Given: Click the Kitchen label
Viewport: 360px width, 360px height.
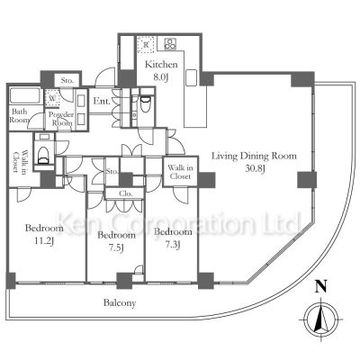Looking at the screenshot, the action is pos(161,65).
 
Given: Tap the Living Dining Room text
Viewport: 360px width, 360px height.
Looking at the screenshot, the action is pos(254,157).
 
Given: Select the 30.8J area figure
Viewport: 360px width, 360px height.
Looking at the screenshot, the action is pos(255,169).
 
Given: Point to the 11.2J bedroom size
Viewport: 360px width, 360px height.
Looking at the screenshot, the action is pos(44,241).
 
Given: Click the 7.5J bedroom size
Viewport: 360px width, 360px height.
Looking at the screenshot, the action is pos(115,247).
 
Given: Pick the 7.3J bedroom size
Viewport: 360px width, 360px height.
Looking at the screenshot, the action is pos(173,245).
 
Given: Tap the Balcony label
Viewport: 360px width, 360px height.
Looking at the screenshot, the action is pos(120,303).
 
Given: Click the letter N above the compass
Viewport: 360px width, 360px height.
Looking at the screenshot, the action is pos(320,286).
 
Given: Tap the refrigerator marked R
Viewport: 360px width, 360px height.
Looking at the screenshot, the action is pos(146,44).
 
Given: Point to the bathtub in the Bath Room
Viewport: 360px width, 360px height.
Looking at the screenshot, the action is pos(25,95).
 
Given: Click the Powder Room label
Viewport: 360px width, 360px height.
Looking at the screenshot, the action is pos(61,119).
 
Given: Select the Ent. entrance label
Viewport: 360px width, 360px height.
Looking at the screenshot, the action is pos(102,102).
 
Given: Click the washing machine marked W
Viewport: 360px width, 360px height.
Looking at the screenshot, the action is pos(52,98).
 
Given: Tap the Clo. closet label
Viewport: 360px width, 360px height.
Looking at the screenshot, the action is pos(125,193).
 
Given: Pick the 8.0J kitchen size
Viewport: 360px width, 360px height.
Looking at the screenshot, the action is pos(161,77).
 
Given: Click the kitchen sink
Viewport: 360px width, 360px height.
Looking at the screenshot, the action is pos(191,77).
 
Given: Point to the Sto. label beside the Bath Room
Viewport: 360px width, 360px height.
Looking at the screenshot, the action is pos(67,80).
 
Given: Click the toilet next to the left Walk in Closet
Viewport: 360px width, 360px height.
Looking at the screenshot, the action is pos(44,152).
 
